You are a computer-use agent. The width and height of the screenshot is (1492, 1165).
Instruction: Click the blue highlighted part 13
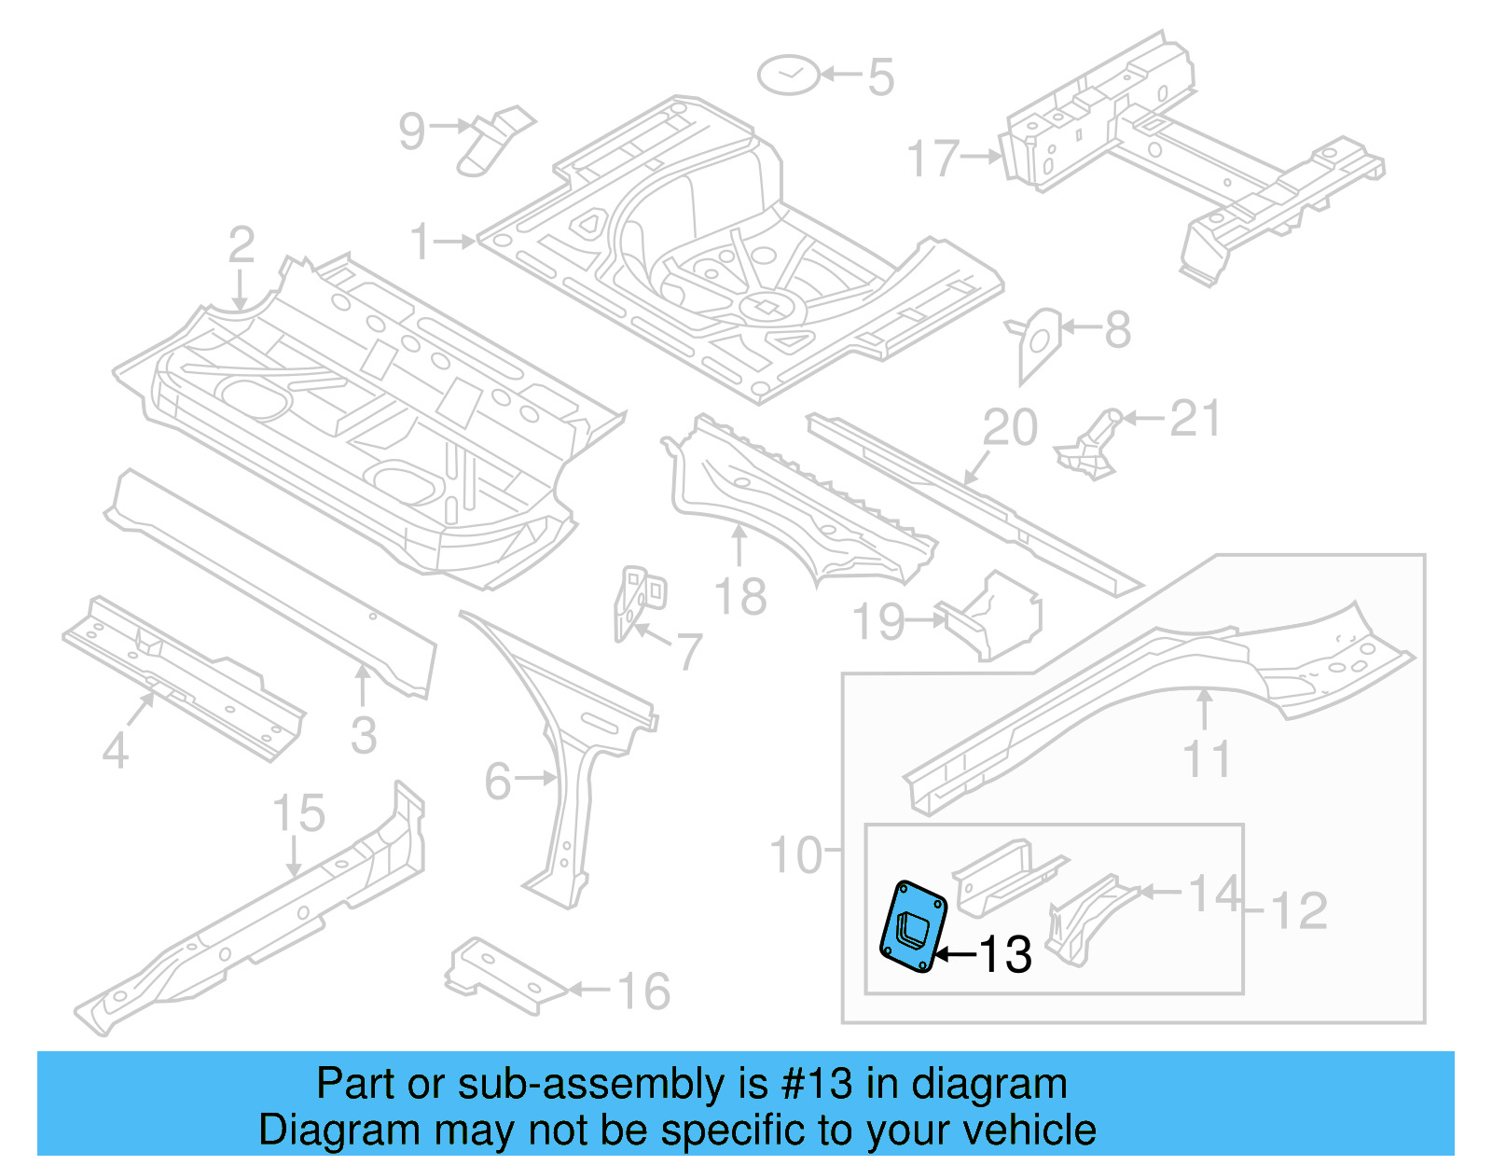(914, 927)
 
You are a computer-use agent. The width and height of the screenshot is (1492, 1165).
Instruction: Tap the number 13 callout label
(1005, 954)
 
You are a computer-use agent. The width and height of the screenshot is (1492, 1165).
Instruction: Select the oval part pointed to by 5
(789, 75)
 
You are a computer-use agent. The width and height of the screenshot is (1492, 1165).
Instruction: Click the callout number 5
(880, 77)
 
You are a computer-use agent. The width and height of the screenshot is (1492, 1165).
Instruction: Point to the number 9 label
(411, 131)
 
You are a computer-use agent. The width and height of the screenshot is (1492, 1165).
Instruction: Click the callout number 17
(932, 158)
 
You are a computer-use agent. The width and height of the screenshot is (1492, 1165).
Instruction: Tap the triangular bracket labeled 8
(1038, 341)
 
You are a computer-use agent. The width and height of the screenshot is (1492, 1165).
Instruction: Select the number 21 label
(1195, 419)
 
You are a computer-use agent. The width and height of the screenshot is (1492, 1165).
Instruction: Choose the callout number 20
(1010, 428)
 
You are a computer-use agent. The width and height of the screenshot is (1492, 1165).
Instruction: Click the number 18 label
(740, 597)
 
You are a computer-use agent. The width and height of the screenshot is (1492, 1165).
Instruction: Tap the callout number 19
(879, 622)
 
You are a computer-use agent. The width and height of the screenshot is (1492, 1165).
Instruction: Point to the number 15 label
(298, 813)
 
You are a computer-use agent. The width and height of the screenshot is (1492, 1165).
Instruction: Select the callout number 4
(115, 750)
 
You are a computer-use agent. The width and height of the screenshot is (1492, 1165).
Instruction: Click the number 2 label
(242, 245)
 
